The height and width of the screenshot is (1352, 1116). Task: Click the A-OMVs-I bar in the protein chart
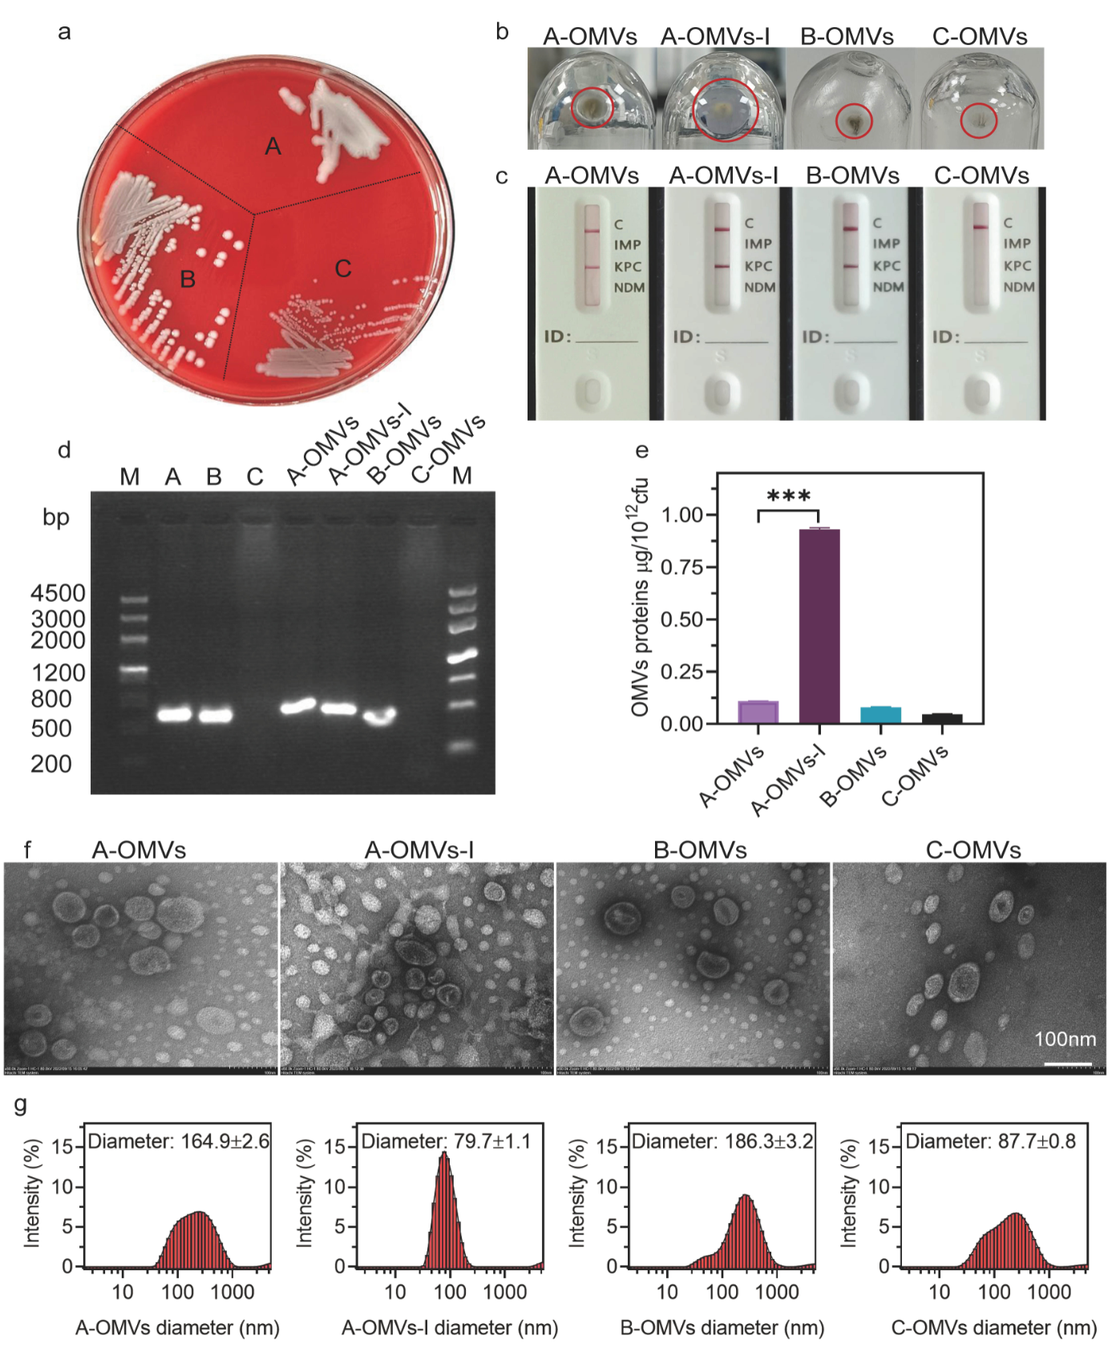(x=819, y=626)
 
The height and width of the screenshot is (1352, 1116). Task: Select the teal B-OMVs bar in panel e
(x=880, y=714)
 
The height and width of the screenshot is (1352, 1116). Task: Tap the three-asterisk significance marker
(x=788, y=495)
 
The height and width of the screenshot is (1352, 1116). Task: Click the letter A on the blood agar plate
(x=273, y=147)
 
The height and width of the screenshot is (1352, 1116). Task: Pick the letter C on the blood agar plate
(x=343, y=268)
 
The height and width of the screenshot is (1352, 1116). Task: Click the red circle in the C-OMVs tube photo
(x=979, y=121)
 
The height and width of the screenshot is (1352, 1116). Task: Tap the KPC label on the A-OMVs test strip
(x=628, y=266)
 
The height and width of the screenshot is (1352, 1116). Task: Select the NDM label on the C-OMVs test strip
(x=1019, y=287)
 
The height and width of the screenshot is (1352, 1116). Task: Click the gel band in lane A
(x=174, y=714)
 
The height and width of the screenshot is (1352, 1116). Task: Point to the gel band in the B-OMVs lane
(x=379, y=715)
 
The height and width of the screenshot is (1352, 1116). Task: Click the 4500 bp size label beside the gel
(x=58, y=593)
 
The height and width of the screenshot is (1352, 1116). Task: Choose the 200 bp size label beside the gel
(x=51, y=764)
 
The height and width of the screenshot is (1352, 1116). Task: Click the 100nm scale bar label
(x=1065, y=1039)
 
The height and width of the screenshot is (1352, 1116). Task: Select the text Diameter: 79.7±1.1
(x=446, y=1141)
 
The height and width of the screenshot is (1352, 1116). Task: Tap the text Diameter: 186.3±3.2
(x=722, y=1141)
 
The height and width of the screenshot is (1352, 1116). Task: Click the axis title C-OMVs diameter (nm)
(x=993, y=1328)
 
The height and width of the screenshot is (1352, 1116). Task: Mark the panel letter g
(x=21, y=1104)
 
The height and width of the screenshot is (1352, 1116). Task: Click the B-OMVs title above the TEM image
(x=700, y=850)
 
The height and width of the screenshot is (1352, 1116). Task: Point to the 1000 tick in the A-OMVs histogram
(x=232, y=1292)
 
